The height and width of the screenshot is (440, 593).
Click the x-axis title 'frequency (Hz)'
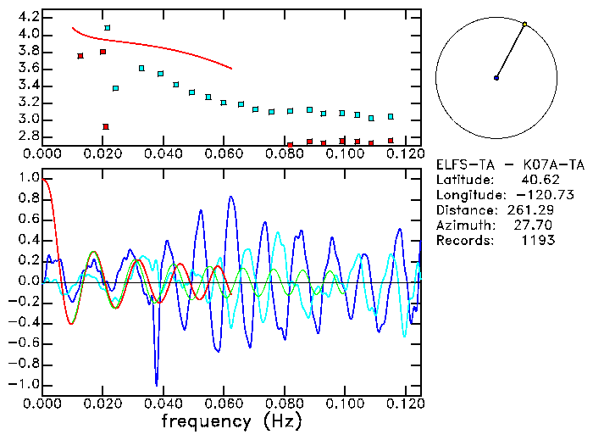(x=230, y=421)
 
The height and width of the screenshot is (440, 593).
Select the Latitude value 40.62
(x=537, y=181)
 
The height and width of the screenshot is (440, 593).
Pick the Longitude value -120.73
(x=532, y=195)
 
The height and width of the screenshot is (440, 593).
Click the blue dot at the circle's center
(x=496, y=78)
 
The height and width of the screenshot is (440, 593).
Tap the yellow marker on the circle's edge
(x=525, y=25)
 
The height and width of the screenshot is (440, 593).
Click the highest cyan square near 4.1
(x=107, y=28)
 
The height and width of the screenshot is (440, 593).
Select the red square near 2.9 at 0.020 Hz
(x=105, y=127)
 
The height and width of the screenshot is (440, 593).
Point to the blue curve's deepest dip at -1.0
(x=156, y=383)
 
